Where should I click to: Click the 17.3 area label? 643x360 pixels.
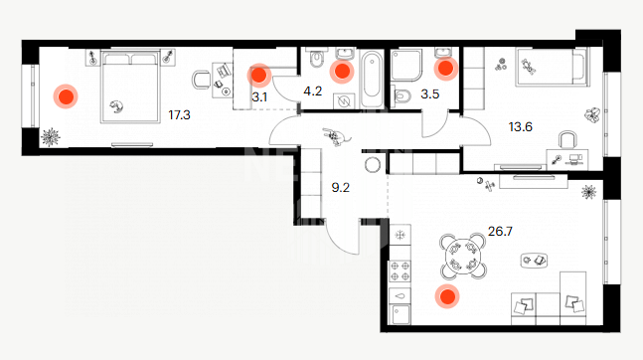(x=179, y=115)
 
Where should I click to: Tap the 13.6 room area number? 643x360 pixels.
(x=521, y=127)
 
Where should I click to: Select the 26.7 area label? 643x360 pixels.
(x=500, y=232)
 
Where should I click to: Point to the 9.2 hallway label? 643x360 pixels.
(x=340, y=188)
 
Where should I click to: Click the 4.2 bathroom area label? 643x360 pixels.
(x=312, y=91)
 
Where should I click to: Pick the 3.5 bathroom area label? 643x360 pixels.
(x=429, y=94)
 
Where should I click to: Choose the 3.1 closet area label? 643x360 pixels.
(x=259, y=97)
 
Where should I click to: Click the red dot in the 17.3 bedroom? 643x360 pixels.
(x=66, y=96)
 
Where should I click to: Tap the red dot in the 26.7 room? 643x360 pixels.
(x=447, y=296)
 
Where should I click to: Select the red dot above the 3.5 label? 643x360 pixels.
(x=446, y=69)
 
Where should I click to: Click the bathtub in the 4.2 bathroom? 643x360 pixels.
(x=372, y=79)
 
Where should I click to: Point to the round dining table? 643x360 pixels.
(x=463, y=256)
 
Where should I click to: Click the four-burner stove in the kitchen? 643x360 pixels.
(x=400, y=271)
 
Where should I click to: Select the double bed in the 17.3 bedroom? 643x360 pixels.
(x=131, y=87)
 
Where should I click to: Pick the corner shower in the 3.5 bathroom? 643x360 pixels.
(x=406, y=66)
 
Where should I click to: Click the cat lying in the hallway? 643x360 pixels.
(x=336, y=136)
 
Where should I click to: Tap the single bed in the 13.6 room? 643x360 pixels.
(x=552, y=67)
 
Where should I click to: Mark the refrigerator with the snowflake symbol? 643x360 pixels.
(x=400, y=235)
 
